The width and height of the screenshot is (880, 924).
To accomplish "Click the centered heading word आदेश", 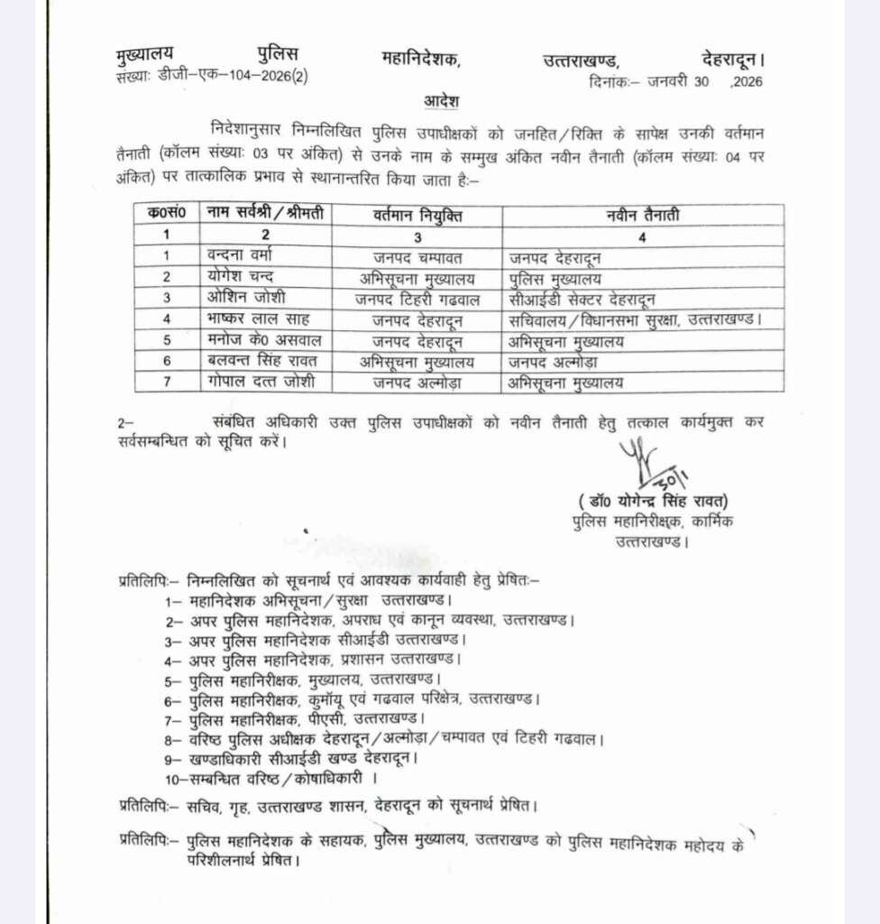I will (x=441, y=97).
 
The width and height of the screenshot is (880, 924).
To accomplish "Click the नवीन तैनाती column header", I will (x=642, y=216).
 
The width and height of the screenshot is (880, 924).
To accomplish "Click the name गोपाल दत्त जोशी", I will (x=260, y=383).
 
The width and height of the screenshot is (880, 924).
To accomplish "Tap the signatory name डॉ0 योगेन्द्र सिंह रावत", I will (x=653, y=502).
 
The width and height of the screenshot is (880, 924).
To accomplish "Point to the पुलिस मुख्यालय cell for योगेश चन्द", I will (x=555, y=278).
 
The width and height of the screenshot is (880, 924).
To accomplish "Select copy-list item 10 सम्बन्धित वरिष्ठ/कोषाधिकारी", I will (x=270, y=777).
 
